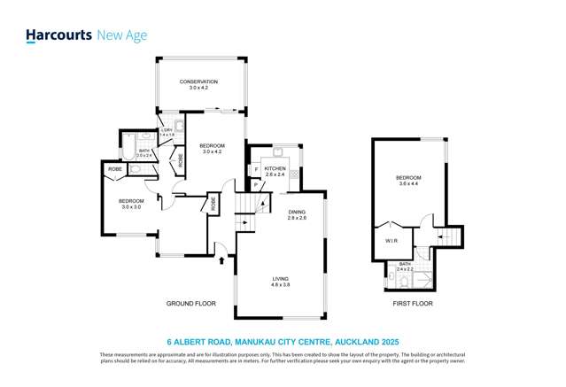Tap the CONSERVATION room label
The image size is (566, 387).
point(198,82)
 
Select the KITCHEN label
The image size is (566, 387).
point(275,167)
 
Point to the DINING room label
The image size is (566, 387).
point(297,212)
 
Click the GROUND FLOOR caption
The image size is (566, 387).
point(191,304)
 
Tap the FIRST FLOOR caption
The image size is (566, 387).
point(412,304)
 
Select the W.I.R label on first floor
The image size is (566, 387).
point(391,240)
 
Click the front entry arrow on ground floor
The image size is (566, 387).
point(220,258)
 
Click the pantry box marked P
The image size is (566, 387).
point(256,184)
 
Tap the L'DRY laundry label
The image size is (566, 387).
point(167,131)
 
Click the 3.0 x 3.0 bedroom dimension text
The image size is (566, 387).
point(130,207)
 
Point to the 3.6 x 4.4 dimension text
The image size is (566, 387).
point(408,184)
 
